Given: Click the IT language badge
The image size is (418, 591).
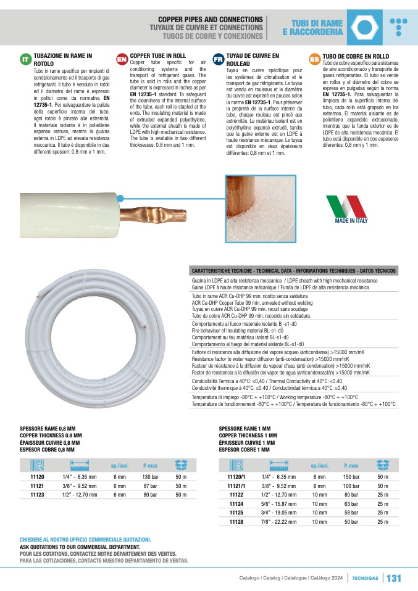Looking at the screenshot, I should [x=25, y=59].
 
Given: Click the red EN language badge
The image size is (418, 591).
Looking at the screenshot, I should [x=122, y=59].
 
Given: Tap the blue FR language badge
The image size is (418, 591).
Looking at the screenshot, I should [x=218, y=59].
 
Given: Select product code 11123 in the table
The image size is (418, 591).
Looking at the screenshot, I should [x=37, y=494].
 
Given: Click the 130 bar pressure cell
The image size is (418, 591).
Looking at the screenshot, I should [x=151, y=477].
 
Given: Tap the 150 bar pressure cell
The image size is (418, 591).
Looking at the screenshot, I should [x=351, y=477].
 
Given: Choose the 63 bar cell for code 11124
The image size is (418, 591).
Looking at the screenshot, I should [x=351, y=503].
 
